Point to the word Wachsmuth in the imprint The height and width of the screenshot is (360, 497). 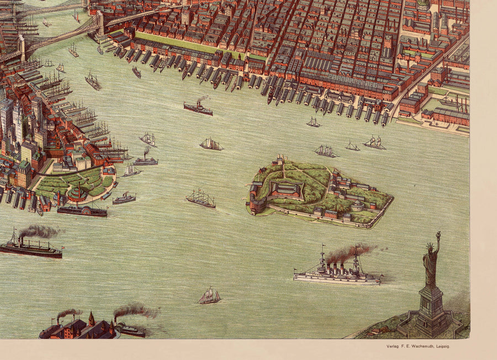(x=425, y=346)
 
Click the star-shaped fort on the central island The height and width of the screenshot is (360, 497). (x=285, y=190)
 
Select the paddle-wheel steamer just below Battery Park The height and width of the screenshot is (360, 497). (x=82, y=210)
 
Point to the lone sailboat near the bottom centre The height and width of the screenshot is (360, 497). (x=209, y=297)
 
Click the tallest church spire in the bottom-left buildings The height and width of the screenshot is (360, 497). (x=92, y=319)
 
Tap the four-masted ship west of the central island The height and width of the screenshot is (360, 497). (x=200, y=199)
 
